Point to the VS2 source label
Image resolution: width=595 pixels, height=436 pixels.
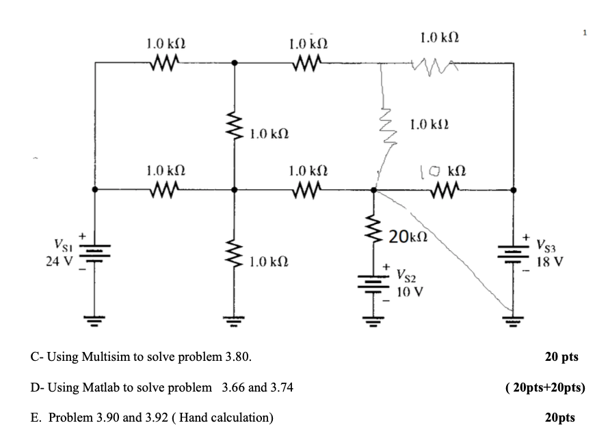tap(409, 277)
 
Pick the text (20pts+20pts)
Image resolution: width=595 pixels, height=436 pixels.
tap(544, 387)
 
